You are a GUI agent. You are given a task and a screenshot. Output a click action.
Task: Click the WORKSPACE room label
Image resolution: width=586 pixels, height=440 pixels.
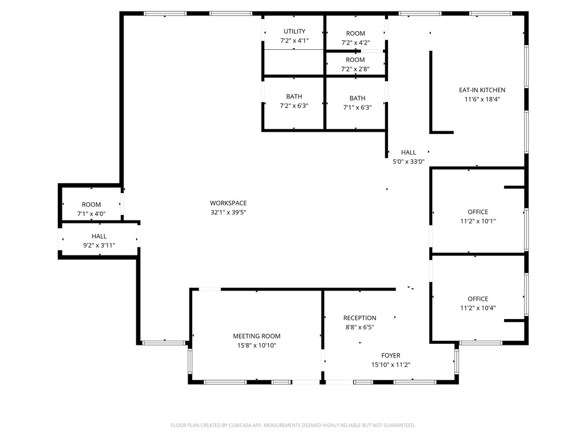point(228,203)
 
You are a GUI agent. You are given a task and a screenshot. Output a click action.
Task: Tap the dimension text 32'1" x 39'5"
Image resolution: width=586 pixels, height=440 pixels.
point(228,212)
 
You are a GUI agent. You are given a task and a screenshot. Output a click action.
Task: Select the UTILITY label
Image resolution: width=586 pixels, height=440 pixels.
point(294,32)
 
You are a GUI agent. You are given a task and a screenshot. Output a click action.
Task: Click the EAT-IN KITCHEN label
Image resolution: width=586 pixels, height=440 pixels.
point(482,90)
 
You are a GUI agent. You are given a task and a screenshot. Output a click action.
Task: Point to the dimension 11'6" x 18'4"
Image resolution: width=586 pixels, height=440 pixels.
point(482,99)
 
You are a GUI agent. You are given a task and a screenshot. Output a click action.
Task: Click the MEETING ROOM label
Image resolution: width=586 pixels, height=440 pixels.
point(256,336)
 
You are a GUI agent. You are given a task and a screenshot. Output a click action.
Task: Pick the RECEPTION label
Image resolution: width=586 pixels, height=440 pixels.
point(359,318)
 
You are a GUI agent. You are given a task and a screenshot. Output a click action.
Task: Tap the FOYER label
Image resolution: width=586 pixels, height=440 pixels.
point(391,356)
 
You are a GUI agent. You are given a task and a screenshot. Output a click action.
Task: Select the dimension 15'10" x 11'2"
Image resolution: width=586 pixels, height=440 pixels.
point(391,365)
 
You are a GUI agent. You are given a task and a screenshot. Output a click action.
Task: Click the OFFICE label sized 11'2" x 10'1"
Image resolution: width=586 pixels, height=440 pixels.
point(478,212)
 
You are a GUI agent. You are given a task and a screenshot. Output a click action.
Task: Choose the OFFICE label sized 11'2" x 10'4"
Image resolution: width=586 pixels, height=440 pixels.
point(478,299)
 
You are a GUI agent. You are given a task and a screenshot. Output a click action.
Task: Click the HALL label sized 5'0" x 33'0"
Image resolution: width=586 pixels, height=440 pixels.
point(409,152)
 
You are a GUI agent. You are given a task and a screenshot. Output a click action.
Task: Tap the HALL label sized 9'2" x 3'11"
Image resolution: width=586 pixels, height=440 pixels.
point(99,236)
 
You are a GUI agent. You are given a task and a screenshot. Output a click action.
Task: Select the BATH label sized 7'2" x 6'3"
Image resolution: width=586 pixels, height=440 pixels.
point(294,97)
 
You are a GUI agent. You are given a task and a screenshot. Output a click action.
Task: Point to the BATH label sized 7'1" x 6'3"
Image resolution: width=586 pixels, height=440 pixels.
point(357,99)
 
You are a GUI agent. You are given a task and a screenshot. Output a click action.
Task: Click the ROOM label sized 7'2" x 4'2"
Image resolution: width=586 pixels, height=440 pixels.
point(355,34)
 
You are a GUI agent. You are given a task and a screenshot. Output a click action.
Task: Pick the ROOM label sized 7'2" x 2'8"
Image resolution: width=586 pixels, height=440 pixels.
point(355,60)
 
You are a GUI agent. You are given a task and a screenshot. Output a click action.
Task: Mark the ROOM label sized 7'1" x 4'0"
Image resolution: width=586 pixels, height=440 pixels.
point(91,205)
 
